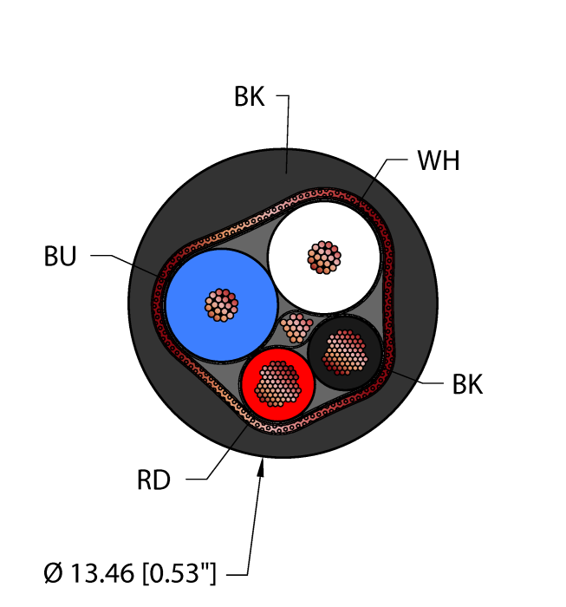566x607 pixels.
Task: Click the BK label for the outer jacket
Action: [249, 97]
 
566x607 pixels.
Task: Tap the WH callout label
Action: [438, 162]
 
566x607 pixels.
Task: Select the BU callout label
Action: [61, 257]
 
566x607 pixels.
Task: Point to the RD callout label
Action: [156, 478]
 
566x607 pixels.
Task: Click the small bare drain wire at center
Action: [296, 328]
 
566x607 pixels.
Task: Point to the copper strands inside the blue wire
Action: [221, 304]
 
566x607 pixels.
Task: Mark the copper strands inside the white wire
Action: [325, 258]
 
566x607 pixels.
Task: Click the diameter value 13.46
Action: [106, 572]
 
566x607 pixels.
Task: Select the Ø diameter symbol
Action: [53, 572]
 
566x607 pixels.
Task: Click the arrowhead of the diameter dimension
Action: [263, 468]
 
